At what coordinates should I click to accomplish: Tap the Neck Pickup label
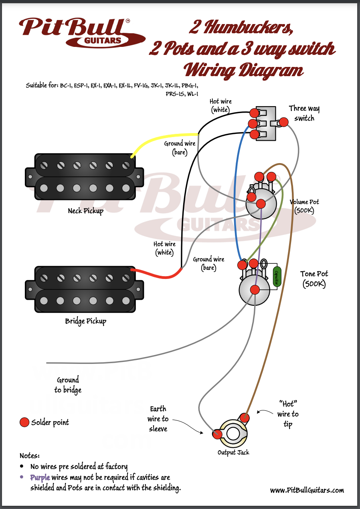[x=85, y=211]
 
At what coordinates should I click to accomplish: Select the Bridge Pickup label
[x=85, y=321]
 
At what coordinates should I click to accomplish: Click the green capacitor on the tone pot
[x=276, y=276]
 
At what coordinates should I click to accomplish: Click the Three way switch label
[x=304, y=113]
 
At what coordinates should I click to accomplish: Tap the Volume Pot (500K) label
[x=305, y=206]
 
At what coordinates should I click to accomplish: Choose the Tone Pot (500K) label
[x=314, y=279]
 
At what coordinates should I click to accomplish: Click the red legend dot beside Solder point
[x=24, y=422]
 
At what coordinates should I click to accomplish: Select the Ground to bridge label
[x=68, y=385]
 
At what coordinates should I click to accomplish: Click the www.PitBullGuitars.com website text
[x=307, y=490]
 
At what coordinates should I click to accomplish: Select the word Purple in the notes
[x=40, y=477]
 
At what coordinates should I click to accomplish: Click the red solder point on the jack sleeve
[x=217, y=434]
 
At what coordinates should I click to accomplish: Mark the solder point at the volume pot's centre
[x=260, y=204]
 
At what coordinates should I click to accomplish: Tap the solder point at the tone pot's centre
[x=255, y=289]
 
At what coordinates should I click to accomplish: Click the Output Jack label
[x=233, y=452]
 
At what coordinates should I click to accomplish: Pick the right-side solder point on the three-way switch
[x=284, y=121]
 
